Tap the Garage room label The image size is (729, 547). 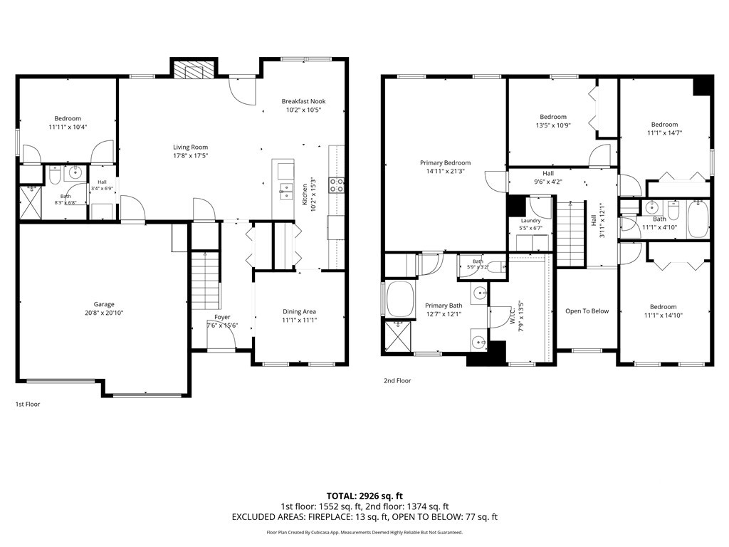click(104, 304)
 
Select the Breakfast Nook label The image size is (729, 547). click(303, 101)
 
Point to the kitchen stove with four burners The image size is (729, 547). click(337, 185)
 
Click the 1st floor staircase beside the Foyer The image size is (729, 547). click(205, 280)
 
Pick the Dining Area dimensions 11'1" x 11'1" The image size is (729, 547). click(300, 320)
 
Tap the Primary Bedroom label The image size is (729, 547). click(446, 163)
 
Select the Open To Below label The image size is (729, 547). click(587, 311)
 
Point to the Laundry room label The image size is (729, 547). click(530, 221)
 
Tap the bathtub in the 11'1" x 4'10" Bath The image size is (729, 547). click(698, 219)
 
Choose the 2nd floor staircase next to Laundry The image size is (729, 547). click(570, 233)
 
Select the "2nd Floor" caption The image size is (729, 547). click(397, 380)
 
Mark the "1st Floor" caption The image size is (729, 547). click(28, 405)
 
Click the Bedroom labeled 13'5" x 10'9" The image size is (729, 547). click(553, 117)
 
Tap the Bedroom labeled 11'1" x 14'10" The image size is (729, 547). click(663, 306)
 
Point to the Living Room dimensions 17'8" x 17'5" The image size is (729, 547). click(190, 155)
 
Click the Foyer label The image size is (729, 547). click(222, 317)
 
